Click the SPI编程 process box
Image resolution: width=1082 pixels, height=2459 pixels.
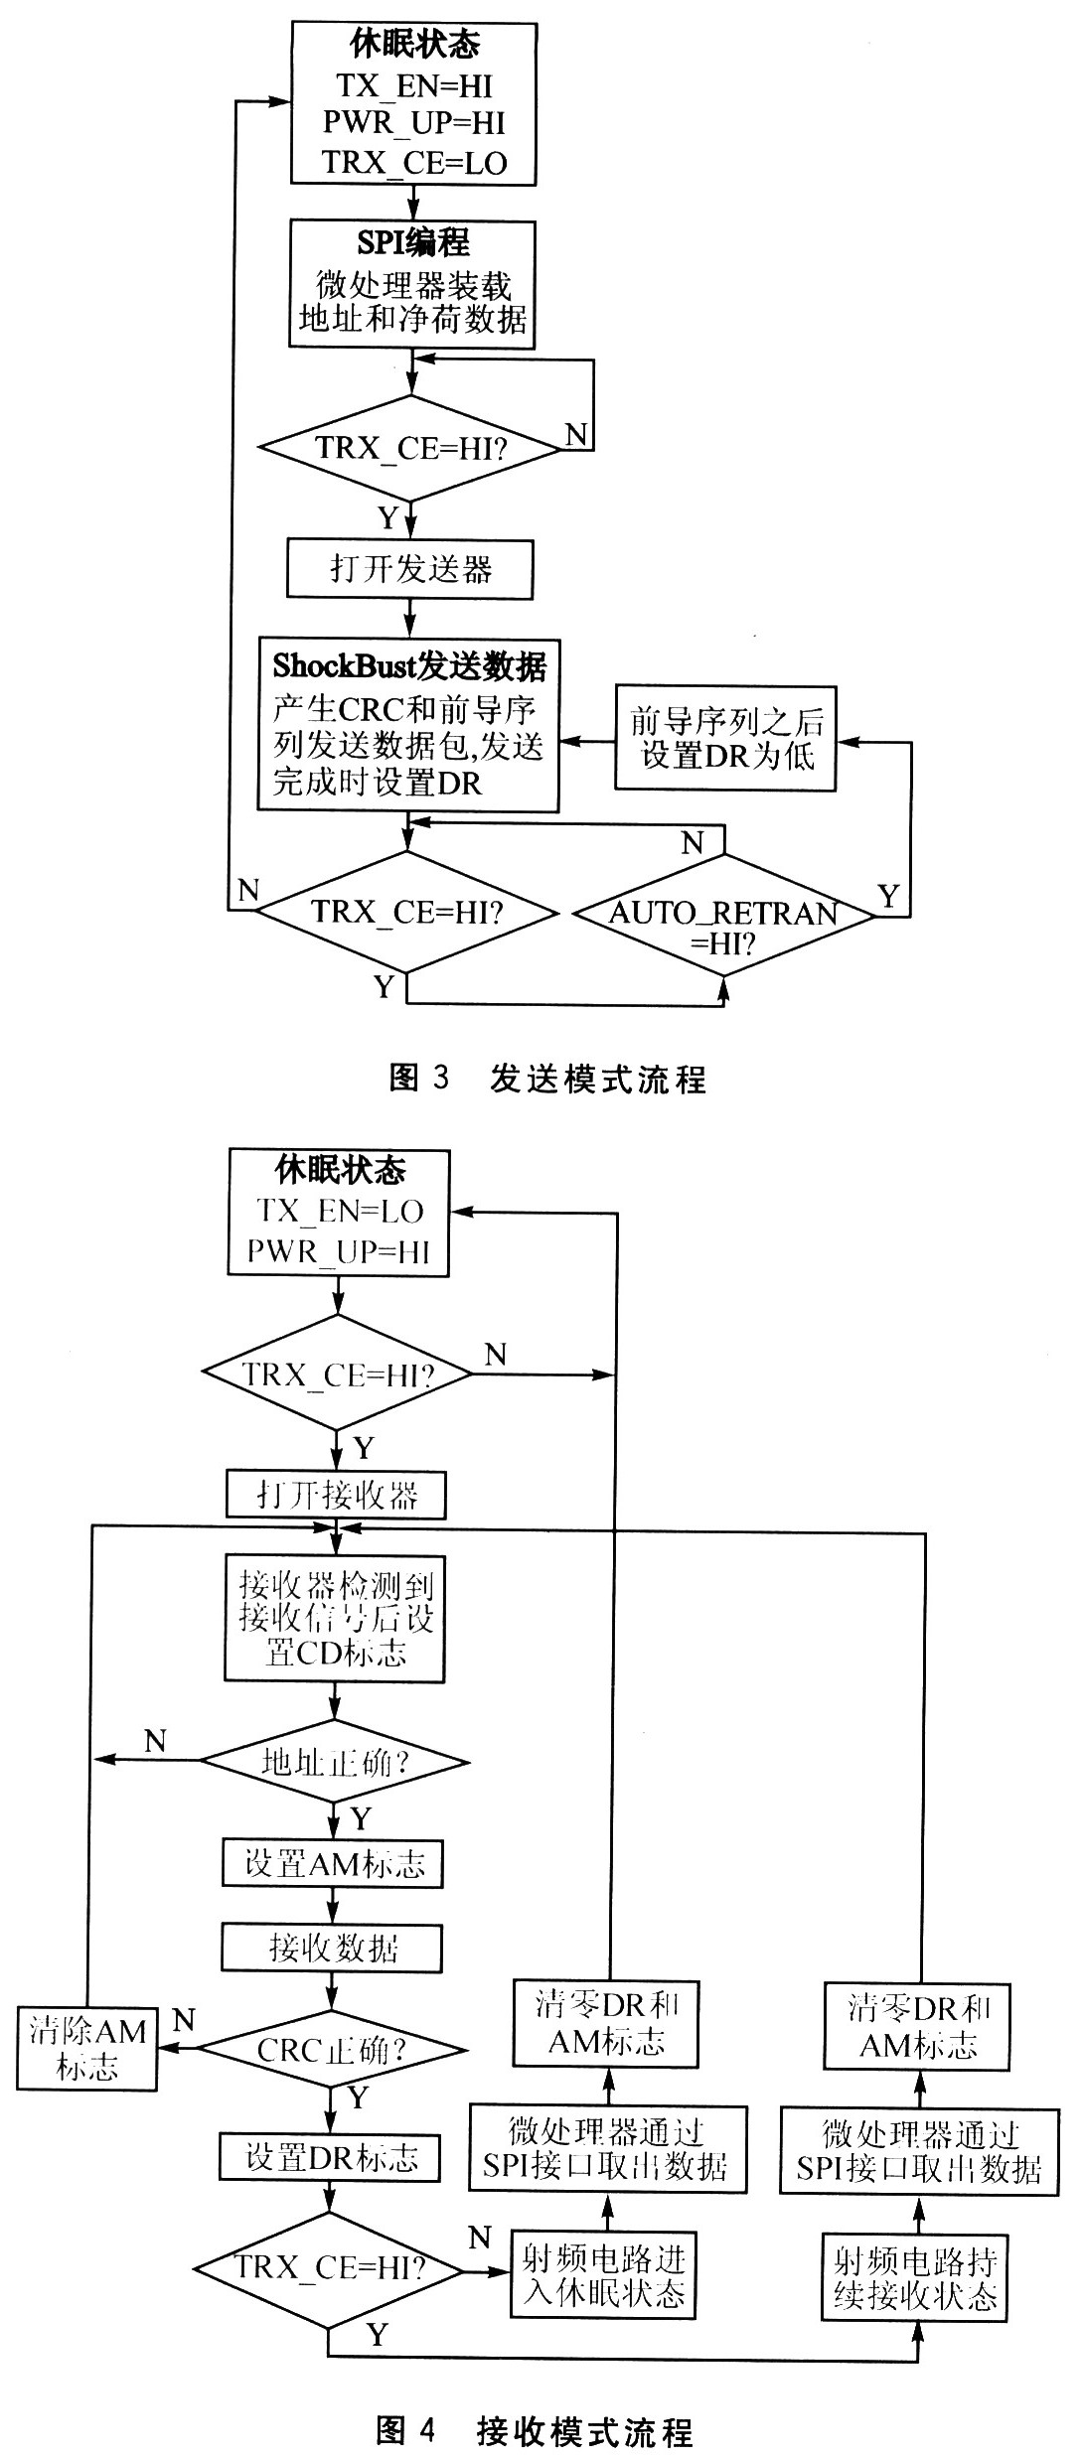pos(411,284)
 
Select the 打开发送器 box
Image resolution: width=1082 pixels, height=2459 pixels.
pos(409,569)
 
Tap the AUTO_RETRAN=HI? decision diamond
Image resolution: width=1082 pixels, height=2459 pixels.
pos(723,915)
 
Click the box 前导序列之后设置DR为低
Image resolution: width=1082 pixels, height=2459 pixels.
pos(725,738)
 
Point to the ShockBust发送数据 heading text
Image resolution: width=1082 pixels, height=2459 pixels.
pos(409,664)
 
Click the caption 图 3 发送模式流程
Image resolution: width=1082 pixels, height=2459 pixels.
pos(546,1079)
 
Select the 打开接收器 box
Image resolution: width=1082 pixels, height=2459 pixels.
pos(337,1495)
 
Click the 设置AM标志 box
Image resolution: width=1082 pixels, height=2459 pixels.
pos(332,1863)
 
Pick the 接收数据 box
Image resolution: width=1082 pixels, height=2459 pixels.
pos(332,1948)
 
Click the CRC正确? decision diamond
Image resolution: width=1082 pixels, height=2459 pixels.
pos(333,2051)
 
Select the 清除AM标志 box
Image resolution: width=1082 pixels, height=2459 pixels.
pos(87,2048)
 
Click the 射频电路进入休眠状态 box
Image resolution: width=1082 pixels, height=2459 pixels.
pos(604,2275)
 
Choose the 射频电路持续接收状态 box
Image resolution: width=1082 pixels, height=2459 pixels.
pos(915,2276)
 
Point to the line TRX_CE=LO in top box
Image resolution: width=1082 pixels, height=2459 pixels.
pos(414,162)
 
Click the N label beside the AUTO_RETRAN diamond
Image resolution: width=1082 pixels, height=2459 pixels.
pos(693,843)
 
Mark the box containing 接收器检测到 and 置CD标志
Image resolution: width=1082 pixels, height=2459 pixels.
pos(335,1618)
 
